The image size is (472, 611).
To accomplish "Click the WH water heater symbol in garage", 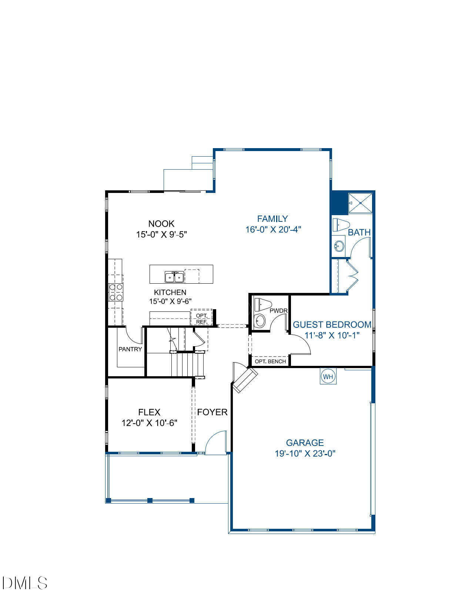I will click(x=328, y=377).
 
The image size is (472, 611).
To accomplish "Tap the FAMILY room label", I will click(x=272, y=218).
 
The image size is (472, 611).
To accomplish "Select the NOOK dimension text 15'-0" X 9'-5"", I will click(x=161, y=234).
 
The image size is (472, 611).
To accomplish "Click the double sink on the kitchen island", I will click(x=174, y=276).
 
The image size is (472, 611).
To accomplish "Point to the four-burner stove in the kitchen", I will click(x=116, y=292).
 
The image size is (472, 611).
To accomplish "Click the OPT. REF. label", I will click(x=201, y=318).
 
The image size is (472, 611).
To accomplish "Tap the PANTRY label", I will click(x=130, y=349).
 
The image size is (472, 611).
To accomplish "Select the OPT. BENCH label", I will click(x=270, y=361).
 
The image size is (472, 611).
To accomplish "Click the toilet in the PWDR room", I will click(x=262, y=304).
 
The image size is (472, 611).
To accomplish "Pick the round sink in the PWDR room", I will click(x=260, y=321).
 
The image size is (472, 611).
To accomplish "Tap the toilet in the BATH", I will click(x=341, y=225).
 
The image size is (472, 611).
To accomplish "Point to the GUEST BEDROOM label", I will click(x=332, y=324).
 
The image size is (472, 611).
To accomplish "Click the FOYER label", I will click(x=212, y=412).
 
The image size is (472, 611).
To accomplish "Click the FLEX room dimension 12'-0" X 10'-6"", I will click(x=150, y=423).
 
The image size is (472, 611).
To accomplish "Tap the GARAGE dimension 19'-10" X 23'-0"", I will click(x=305, y=453).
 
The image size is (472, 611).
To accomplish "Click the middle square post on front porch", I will click(x=150, y=500).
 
